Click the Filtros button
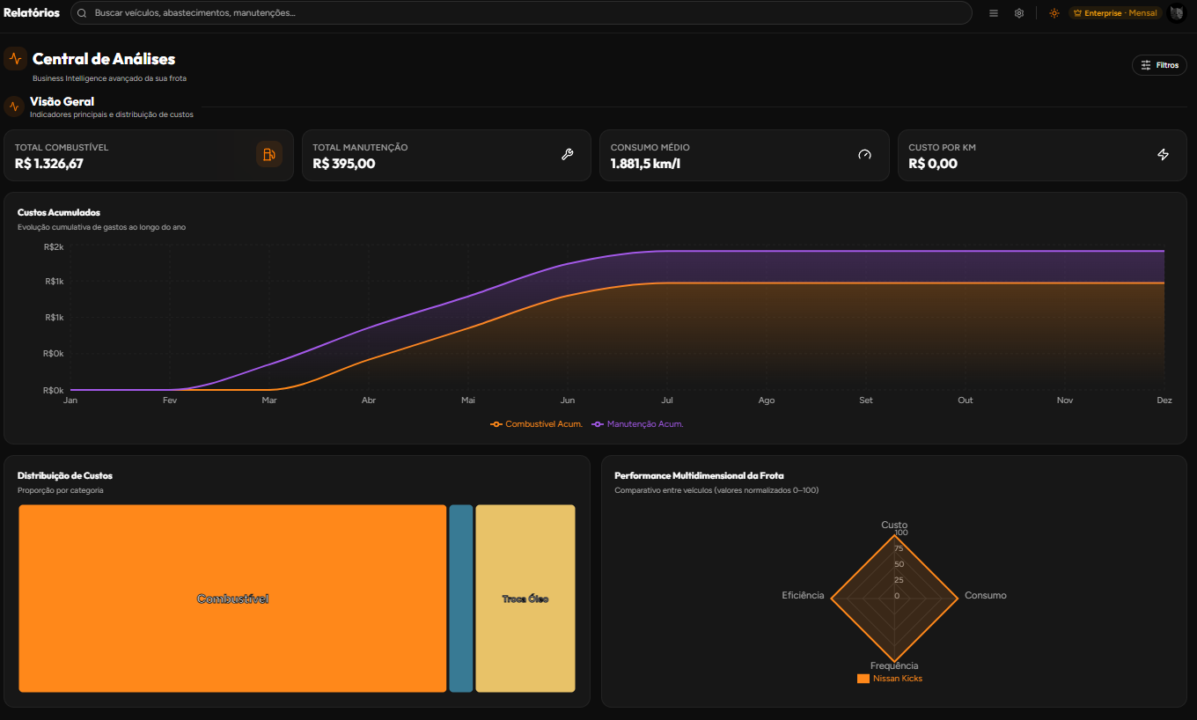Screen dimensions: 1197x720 [x=1159, y=65]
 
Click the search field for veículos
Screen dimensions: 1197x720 [x=521, y=13]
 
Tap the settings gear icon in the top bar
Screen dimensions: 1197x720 [x=1019, y=13]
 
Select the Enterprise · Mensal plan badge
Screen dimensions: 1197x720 [x=1114, y=13]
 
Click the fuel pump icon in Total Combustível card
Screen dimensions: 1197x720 [x=268, y=155]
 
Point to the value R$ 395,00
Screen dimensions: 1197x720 [x=343, y=164]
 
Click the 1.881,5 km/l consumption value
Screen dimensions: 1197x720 [x=645, y=164]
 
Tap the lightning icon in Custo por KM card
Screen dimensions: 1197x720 [x=1163, y=155]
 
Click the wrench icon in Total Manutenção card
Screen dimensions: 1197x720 [x=567, y=155]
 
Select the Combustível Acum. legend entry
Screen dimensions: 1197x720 [x=536, y=424]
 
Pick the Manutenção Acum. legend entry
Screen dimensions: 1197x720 [x=637, y=424]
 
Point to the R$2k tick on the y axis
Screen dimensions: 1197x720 [x=54, y=247]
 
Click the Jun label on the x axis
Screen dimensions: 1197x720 [x=568, y=400]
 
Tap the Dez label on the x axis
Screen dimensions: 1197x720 [x=1164, y=400]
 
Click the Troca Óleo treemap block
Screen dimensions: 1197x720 [x=525, y=599]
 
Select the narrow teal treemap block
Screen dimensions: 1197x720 [x=461, y=599]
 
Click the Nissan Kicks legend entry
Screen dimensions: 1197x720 [x=890, y=679]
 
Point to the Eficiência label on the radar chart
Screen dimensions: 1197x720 [x=803, y=596]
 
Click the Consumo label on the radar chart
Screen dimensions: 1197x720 [x=986, y=596]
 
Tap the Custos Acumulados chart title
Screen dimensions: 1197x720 [x=59, y=212]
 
